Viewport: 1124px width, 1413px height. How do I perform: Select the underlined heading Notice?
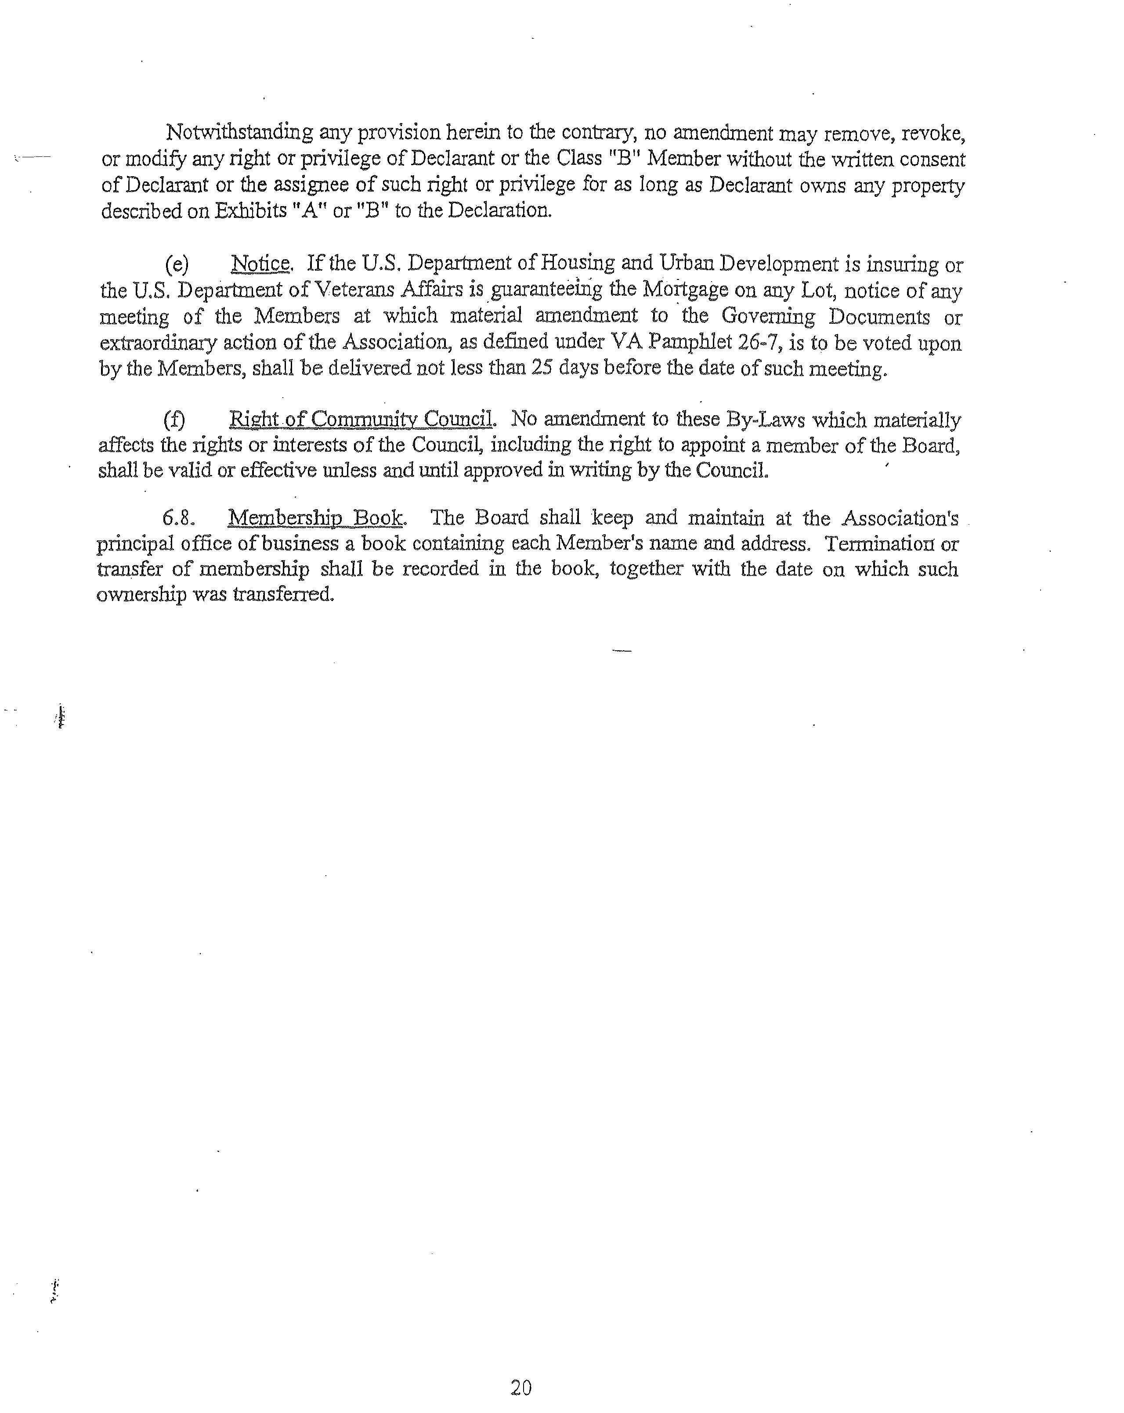pos(260,264)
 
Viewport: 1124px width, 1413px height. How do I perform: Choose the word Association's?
pos(900,518)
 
